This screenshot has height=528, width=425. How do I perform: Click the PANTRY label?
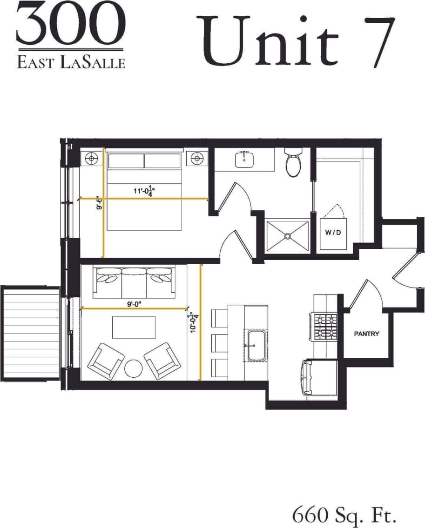tap(366, 334)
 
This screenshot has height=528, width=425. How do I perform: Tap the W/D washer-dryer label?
tap(333, 232)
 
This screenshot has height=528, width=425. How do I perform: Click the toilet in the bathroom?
tap(294, 163)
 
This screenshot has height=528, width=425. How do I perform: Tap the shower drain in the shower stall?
tap(287, 236)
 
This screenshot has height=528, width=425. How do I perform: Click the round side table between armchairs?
tap(134, 368)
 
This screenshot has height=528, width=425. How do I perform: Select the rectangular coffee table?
tap(134, 327)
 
